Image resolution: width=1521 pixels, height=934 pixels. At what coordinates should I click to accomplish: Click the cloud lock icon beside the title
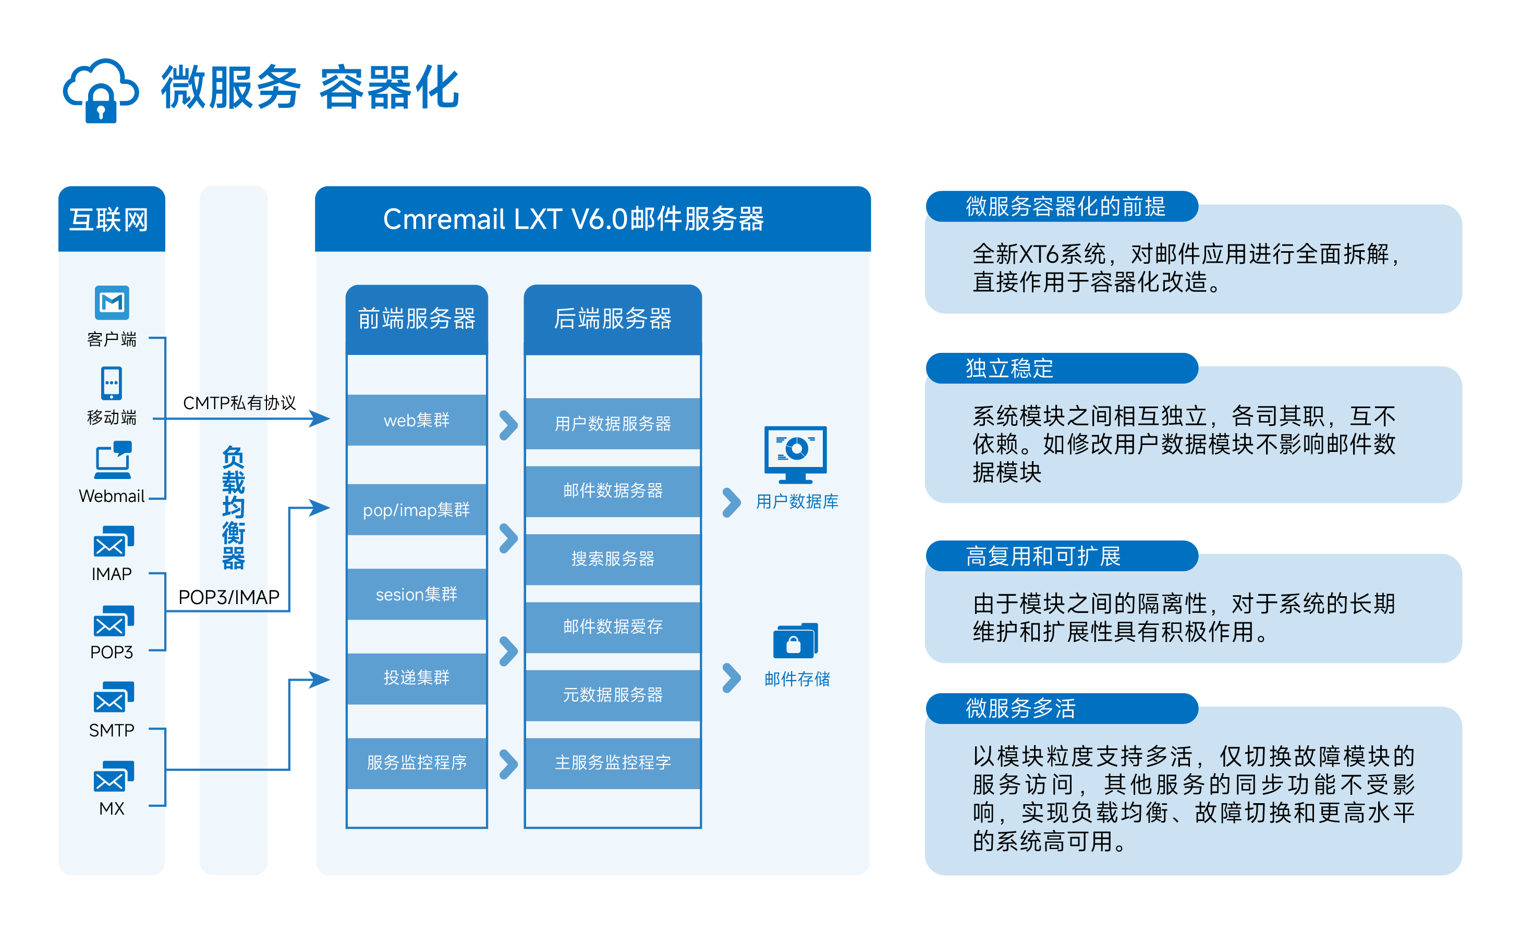tap(101, 91)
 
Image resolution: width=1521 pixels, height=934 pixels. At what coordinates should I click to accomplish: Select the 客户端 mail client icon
tap(112, 302)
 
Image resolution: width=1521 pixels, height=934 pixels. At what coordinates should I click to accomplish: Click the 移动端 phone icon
tap(112, 383)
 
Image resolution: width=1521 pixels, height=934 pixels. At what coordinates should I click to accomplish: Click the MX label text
tap(112, 808)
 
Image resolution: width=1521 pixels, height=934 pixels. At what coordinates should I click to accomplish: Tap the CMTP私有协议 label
tap(240, 403)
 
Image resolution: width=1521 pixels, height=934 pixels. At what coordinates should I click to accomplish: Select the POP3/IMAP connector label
tap(228, 597)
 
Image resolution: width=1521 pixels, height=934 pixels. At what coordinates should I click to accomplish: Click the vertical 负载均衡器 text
tap(234, 508)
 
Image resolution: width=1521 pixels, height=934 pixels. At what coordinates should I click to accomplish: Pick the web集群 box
tap(417, 420)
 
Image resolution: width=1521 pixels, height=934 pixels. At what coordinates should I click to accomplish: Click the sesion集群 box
tap(417, 594)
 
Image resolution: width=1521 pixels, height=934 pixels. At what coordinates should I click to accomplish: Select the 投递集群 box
tap(417, 678)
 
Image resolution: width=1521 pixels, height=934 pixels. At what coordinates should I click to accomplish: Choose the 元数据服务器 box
tap(612, 695)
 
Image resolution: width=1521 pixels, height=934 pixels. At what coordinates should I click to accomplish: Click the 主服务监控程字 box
tap(612, 763)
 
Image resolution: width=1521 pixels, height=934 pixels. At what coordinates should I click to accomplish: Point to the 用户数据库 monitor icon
tap(795, 454)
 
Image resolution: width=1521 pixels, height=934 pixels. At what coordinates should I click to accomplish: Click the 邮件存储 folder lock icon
tap(795, 641)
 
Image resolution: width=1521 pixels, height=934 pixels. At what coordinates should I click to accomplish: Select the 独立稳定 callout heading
tap(1009, 368)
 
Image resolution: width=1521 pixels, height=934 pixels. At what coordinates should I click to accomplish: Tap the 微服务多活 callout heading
tap(1020, 708)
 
